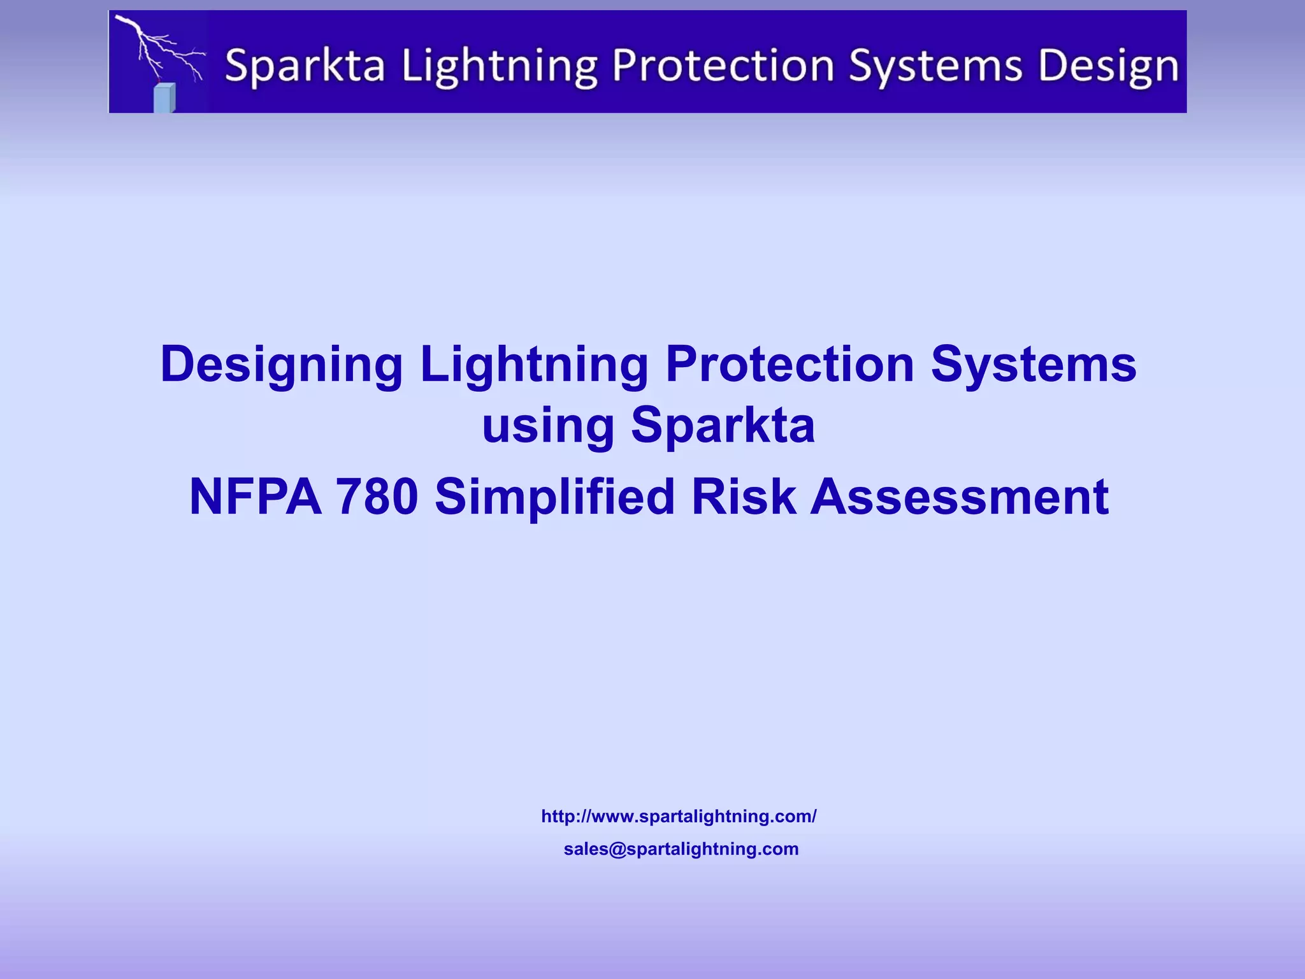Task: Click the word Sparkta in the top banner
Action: point(305,66)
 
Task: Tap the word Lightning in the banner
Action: point(500,66)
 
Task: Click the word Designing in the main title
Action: point(281,365)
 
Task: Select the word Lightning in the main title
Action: point(534,365)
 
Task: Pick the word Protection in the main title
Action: point(789,365)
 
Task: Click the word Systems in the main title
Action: point(1034,365)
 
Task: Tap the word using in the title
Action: point(547,426)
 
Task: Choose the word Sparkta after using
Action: point(723,426)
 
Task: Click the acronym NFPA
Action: point(255,497)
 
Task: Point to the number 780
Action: point(377,497)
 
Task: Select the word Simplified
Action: point(554,497)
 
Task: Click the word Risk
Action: point(743,497)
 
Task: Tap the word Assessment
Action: point(959,497)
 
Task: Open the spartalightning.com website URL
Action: point(679,816)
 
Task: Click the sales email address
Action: point(681,849)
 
